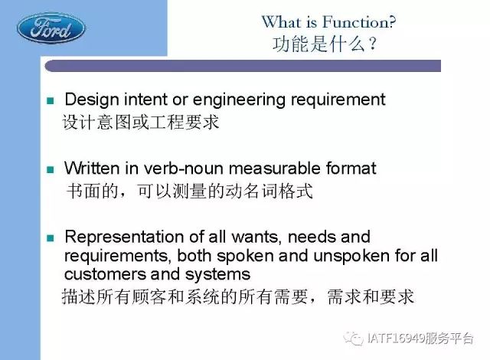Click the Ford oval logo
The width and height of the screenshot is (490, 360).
pyautogui.click(x=51, y=28)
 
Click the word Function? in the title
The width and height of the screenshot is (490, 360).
pyautogui.click(x=359, y=22)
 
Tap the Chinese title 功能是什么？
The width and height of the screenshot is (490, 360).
pyautogui.click(x=325, y=44)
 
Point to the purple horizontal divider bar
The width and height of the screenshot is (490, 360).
pyautogui.click(x=243, y=66)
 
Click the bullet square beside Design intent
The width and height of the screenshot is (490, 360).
pyautogui.click(x=51, y=100)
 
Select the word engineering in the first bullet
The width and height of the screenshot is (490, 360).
pyautogui.click(x=239, y=100)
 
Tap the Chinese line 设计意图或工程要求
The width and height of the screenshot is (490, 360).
pyautogui.click(x=141, y=122)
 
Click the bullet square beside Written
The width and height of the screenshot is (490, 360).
pyautogui.click(x=51, y=169)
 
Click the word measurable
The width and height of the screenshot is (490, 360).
pyautogui.click(x=275, y=168)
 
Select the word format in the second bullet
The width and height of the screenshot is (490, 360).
pyautogui.click(x=351, y=168)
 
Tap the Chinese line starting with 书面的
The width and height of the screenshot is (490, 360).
pyautogui.click(x=189, y=191)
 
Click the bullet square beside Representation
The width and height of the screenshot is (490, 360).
pyautogui.click(x=51, y=238)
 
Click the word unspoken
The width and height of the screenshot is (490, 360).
pyautogui.click(x=351, y=257)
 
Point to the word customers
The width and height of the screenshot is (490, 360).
pyautogui.click(x=105, y=274)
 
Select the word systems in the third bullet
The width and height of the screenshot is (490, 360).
pyautogui.click(x=217, y=275)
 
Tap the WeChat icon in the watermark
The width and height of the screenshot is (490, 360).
pyautogui.click(x=353, y=338)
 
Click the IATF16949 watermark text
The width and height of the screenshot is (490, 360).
pyautogui.click(x=420, y=338)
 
